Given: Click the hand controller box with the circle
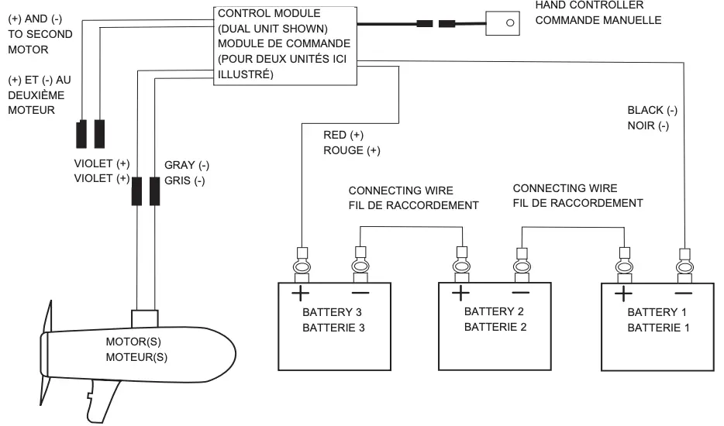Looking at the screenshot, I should coord(509,23).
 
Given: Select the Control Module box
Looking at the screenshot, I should coord(284,44).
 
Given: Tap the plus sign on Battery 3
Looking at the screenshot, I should coord(299,293).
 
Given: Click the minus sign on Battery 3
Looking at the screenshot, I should coord(360,293).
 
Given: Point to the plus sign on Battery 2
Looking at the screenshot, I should coord(461,293).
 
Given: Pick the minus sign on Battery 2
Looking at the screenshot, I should coord(520,293).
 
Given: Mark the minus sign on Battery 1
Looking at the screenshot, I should coord(683,293).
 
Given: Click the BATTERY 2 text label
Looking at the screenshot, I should coord(495,312).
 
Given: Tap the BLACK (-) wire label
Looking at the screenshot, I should coord(652,111).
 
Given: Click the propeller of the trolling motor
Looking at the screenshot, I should coord(47,341).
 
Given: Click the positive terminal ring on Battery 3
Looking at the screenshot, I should coord(300,267).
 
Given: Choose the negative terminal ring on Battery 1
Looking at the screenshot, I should coord(684,267).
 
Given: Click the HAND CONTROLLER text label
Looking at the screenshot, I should coord(589,5).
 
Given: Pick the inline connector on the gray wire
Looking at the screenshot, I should coord(154,190).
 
